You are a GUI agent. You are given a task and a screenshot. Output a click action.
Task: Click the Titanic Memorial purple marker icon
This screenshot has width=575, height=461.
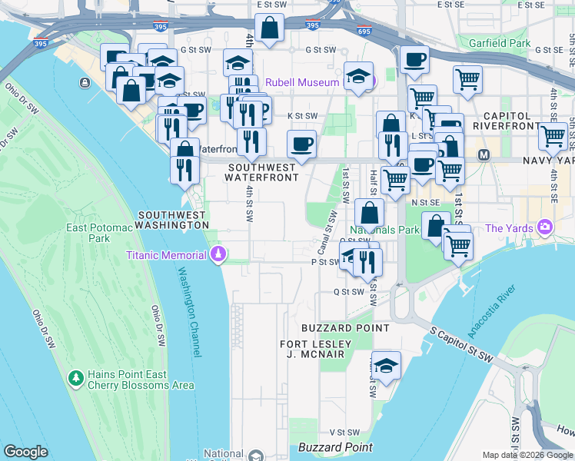pos(218,254)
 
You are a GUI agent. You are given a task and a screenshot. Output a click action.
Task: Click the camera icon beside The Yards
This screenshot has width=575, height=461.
pos(545,227)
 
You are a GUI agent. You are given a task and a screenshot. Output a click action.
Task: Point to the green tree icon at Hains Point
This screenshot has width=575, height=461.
pos(76,378)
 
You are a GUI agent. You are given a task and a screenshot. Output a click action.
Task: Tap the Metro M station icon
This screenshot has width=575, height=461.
pos(484,154)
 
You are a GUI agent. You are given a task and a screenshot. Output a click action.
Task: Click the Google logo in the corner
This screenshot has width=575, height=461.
pos(25,452)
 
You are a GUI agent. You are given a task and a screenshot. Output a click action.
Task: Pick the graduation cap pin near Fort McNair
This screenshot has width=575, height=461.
pos(386,364)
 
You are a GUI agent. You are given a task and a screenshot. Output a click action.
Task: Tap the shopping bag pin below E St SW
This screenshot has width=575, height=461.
pos(271,29)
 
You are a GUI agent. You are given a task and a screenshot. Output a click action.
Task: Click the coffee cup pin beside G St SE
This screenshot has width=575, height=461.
pos(414,59)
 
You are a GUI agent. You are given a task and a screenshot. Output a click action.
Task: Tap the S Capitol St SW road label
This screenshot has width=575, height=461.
pos(461,343)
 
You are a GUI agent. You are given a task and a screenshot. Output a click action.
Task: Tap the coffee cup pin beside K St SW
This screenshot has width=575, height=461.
pos(301,143)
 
